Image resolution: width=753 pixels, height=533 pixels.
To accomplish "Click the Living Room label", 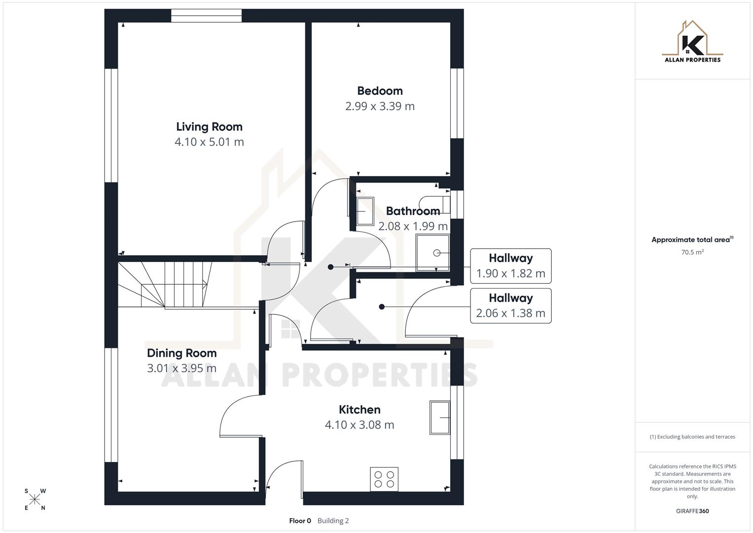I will (x=209, y=127).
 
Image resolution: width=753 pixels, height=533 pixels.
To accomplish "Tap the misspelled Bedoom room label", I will (x=380, y=91).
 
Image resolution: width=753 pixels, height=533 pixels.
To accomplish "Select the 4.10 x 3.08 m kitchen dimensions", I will (x=359, y=425).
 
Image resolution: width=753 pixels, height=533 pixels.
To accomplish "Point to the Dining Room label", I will (x=181, y=353).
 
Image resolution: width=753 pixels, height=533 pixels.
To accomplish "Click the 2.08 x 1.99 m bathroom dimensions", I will (x=413, y=227).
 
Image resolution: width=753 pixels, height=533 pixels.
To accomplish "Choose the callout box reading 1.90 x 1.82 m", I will (x=510, y=266).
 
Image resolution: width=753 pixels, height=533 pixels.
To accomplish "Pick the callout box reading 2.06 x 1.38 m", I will (x=510, y=306).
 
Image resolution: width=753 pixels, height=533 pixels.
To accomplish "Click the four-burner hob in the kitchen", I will (x=384, y=479).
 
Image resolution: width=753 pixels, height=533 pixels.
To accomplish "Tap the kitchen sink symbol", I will (x=440, y=418).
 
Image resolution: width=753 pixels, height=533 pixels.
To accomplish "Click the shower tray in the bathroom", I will (x=432, y=253).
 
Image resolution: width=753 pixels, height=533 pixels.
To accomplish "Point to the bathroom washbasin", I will (x=365, y=211).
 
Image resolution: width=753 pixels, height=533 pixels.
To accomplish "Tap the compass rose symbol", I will (x=35, y=499).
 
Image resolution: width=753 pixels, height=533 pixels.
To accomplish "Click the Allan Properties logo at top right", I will (x=692, y=42).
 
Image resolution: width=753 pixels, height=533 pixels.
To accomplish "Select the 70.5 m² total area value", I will (x=692, y=252).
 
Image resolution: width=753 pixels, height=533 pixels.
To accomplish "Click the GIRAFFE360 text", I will (x=692, y=511).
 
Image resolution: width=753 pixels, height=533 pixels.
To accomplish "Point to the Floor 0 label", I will (x=300, y=521).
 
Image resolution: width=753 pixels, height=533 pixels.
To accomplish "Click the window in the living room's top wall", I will (x=207, y=16).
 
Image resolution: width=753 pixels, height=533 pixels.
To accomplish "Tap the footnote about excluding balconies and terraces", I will (x=692, y=437).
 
